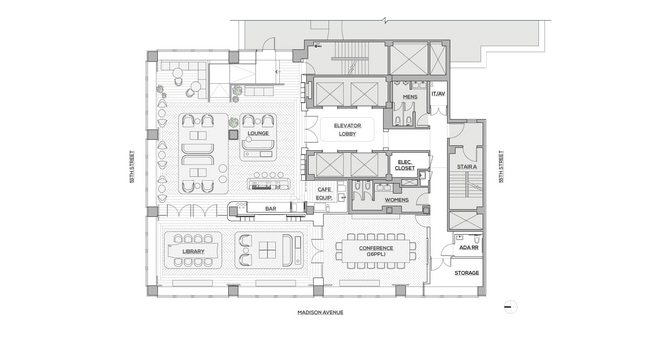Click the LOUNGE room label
pos(258,133)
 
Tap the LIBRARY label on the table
pos(193,251)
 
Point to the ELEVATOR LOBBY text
pos(347,130)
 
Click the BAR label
pos(271,209)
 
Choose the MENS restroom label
pos(410,97)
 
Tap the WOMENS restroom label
pos(397,200)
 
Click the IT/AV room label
pos(438,94)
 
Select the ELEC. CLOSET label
pos(404,165)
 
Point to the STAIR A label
pos(467,167)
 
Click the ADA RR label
pos(469,248)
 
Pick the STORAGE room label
pos(467,273)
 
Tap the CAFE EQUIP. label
pos(324,194)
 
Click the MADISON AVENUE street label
pos(320,313)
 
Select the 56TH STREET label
pos(132,167)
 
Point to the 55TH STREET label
pos(501,167)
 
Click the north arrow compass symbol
pos(510,307)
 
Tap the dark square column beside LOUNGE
pos(234,134)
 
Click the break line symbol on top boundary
pos(385,20)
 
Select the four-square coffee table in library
pos(267,250)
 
